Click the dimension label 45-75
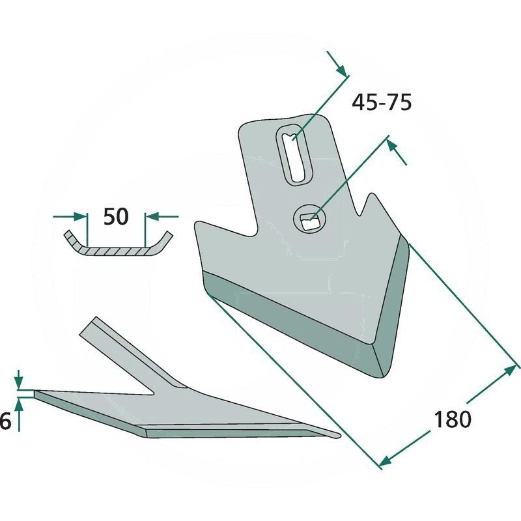pos(382,102)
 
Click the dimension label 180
pos(453,419)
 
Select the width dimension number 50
pos(116,216)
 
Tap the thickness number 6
pos(6,422)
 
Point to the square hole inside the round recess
pos(310,221)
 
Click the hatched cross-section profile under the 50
pos(119,246)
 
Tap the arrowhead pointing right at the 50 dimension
pos(79,216)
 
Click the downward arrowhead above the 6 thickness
pos(19,383)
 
